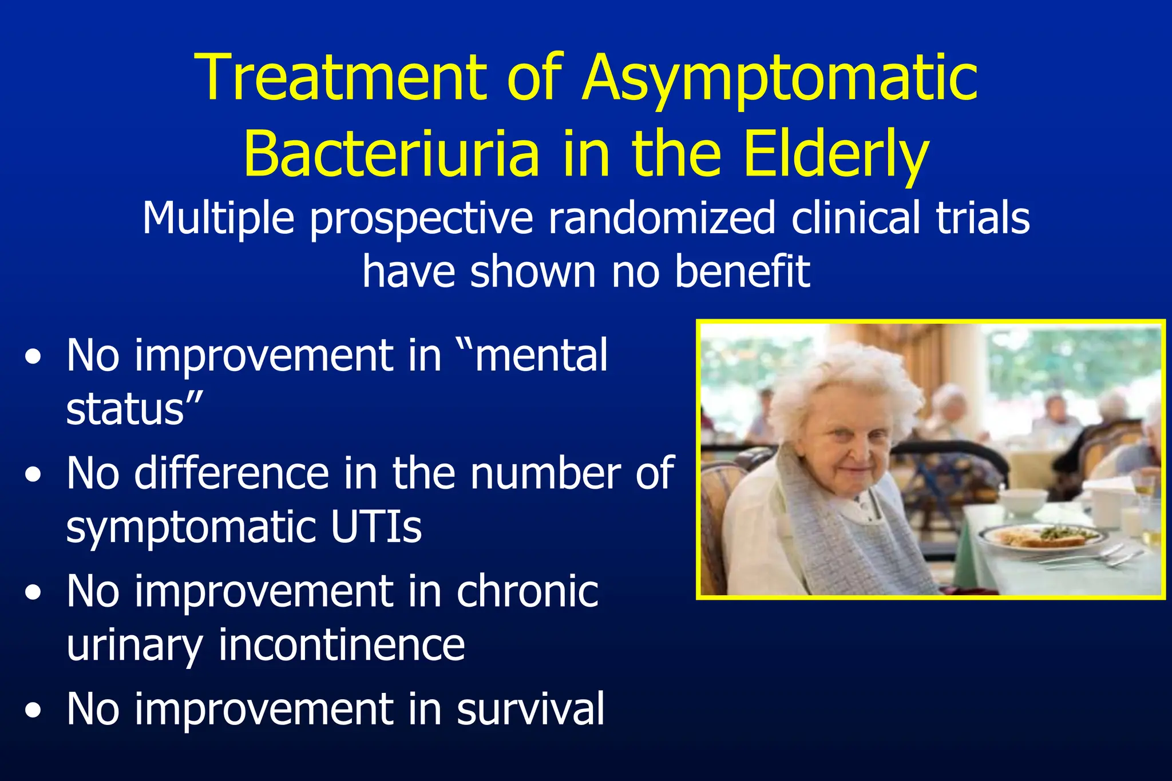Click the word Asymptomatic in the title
779,79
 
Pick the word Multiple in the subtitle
218,218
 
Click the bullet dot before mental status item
34,357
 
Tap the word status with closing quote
134,409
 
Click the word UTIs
376,527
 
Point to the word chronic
527,591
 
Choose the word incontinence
342,644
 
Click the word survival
530,709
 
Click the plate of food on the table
1042,537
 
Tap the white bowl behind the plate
1023,501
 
